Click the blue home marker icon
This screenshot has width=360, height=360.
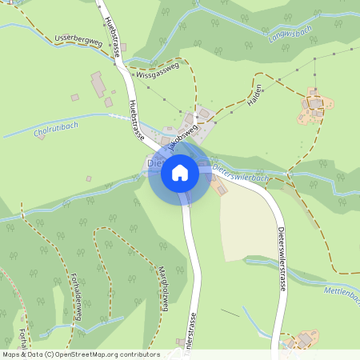click(x=179, y=172)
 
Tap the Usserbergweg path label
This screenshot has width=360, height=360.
click(x=78, y=40)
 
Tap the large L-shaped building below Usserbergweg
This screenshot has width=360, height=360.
click(x=99, y=84)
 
